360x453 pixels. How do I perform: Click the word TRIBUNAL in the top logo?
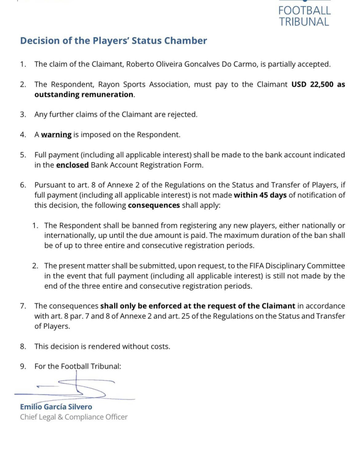(x=304, y=22)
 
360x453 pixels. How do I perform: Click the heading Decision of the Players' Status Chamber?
(x=113, y=41)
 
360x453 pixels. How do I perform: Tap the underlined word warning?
(x=56, y=134)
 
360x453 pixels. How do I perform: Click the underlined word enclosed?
(x=72, y=165)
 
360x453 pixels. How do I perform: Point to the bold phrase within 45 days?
(x=260, y=195)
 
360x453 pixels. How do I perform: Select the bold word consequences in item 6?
(x=154, y=205)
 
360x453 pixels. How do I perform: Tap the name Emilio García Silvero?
(x=56, y=407)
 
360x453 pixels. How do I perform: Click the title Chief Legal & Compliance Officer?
(x=74, y=417)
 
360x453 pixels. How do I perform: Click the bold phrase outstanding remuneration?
(x=84, y=94)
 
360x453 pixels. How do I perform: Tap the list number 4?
(x=23, y=134)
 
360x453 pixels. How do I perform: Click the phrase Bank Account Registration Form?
(x=147, y=165)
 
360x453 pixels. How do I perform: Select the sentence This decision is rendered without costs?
(x=102, y=346)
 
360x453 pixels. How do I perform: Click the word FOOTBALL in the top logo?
(x=305, y=10)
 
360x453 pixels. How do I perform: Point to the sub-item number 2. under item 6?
(x=35, y=265)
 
